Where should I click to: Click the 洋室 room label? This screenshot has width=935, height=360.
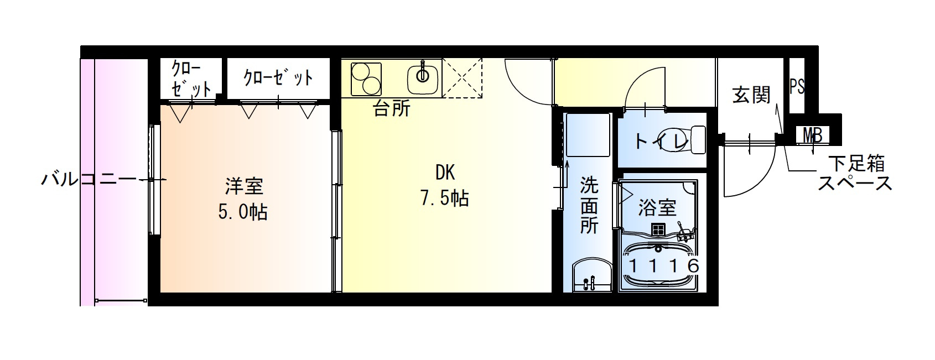click(x=244, y=186)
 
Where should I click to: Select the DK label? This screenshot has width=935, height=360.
click(x=445, y=173)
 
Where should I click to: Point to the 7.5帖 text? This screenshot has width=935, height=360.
click(x=445, y=198)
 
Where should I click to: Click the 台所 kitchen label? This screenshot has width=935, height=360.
click(x=392, y=109)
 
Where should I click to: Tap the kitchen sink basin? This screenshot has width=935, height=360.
click(x=423, y=79)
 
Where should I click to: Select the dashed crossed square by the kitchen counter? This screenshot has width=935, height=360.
click(x=463, y=79)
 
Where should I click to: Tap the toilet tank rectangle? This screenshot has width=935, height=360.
click(x=698, y=139)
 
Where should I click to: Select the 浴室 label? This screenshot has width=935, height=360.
click(x=657, y=208)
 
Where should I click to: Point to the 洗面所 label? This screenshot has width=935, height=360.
click(x=589, y=205)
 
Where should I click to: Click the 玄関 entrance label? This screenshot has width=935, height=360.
click(x=751, y=95)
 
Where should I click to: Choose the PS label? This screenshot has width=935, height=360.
click(x=797, y=87)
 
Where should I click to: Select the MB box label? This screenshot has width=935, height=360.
click(x=812, y=134)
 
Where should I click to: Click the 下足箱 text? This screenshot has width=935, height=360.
click(x=856, y=164)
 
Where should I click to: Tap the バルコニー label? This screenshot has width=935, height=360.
click(x=89, y=180)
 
